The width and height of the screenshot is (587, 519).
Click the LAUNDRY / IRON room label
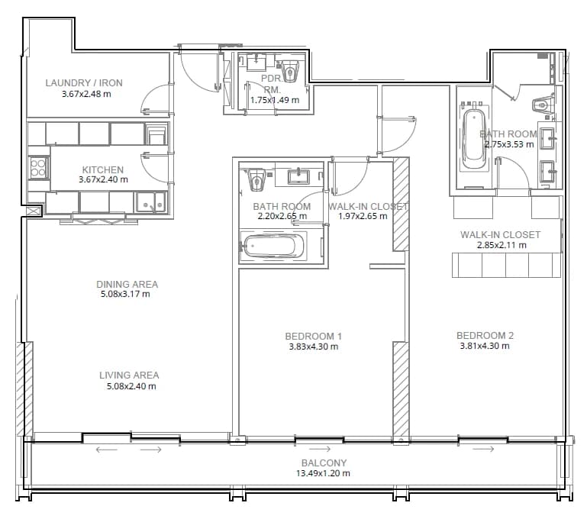[84, 82]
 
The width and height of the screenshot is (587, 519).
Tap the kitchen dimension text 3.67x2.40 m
[103, 179]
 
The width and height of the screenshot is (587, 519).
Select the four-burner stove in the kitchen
[38, 167]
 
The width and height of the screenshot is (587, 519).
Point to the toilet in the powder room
[290, 71]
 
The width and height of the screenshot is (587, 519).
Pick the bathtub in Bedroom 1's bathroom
[273, 247]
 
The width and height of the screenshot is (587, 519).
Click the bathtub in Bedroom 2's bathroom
[474, 140]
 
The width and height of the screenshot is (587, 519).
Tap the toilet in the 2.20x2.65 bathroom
[256, 180]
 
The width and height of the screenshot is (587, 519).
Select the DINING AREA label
[127, 284]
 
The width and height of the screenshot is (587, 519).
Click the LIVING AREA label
[129, 375]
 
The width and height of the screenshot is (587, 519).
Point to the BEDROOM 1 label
[313, 336]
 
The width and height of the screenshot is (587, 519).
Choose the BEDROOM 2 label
[485, 335]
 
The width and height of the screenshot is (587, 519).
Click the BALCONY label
[324, 463]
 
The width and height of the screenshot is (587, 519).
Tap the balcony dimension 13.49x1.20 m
[323, 473]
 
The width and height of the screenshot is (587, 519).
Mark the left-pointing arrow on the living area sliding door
[107, 450]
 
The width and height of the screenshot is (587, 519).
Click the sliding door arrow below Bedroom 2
[484, 449]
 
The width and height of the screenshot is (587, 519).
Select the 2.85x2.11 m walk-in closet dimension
[502, 245]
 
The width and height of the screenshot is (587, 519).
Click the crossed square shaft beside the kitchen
[34, 211]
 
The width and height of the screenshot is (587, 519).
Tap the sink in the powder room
[256, 62]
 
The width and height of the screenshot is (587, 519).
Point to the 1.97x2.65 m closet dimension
[363, 216]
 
